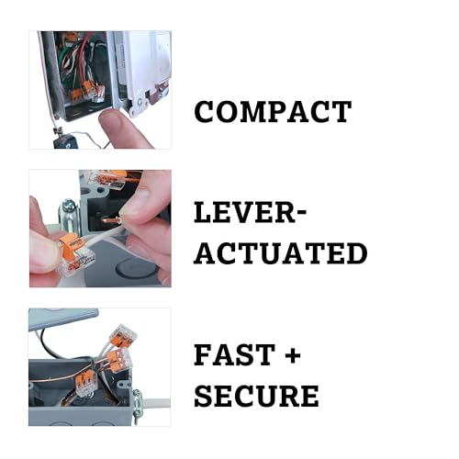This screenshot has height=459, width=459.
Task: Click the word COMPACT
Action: click(x=272, y=112)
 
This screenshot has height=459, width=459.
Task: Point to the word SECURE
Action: click(x=256, y=396)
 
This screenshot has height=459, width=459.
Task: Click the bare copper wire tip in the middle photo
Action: click(x=110, y=220)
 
